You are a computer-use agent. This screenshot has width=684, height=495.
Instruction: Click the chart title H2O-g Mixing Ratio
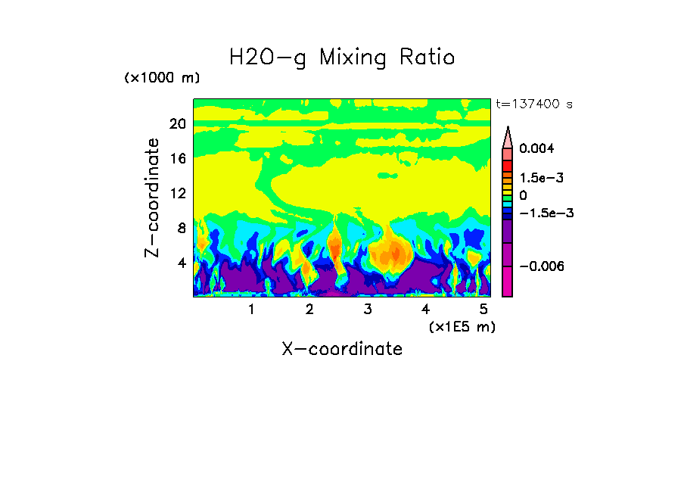(x=342, y=57)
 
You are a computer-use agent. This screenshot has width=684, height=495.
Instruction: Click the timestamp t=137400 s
(x=533, y=104)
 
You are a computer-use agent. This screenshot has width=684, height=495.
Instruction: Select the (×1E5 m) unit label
(x=462, y=326)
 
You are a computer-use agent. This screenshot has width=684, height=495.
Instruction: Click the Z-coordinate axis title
(x=153, y=198)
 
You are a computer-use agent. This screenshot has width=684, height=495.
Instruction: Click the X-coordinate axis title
(x=342, y=349)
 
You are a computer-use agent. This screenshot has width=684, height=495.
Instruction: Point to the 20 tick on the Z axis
(x=177, y=124)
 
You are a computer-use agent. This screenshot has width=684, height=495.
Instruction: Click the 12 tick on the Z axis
(x=177, y=193)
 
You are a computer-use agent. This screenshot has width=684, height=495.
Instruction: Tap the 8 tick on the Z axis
(x=181, y=228)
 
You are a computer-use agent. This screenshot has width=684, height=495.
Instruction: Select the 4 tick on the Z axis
(x=181, y=263)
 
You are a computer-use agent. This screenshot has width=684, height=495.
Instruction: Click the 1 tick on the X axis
(x=251, y=310)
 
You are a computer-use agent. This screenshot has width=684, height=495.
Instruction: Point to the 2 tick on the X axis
(x=309, y=310)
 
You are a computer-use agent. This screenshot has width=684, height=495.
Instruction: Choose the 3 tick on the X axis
(x=368, y=310)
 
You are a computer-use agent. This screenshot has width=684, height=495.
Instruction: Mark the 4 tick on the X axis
(x=426, y=310)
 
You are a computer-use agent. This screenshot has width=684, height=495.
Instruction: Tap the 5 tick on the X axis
(x=483, y=310)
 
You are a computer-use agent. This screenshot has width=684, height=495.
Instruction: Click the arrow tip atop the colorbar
(x=508, y=129)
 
